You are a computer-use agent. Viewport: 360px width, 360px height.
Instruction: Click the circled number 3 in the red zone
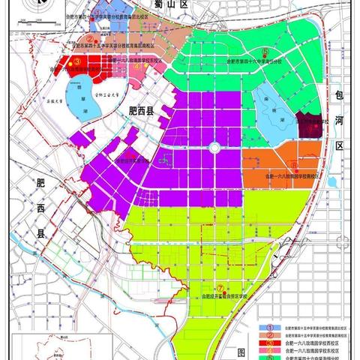[x=77, y=62]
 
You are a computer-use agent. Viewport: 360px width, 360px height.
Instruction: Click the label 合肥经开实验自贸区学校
[x=224, y=297]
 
